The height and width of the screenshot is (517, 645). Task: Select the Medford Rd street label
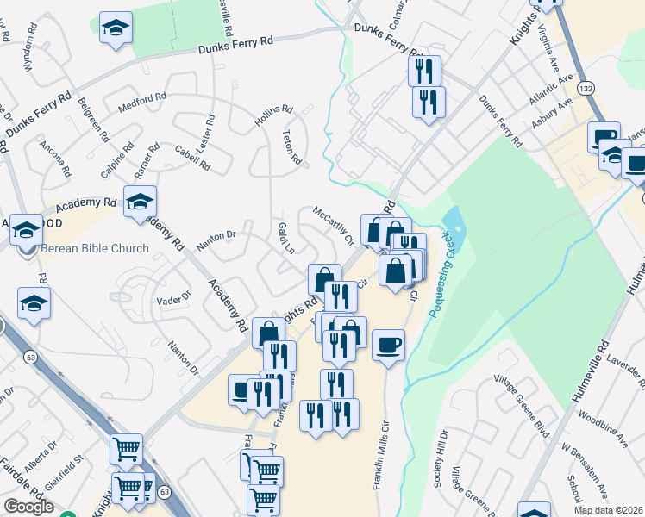(141, 101)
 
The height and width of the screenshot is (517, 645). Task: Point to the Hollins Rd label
(274, 116)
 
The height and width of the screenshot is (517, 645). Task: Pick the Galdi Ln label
(286, 236)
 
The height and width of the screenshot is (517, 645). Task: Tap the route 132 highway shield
(586, 89)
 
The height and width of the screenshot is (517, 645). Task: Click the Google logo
(28, 507)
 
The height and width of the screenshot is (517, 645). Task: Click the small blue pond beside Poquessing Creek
(453, 226)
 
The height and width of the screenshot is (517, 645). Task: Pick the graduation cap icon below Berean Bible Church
(34, 303)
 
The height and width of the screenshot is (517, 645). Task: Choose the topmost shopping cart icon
(127, 448)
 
